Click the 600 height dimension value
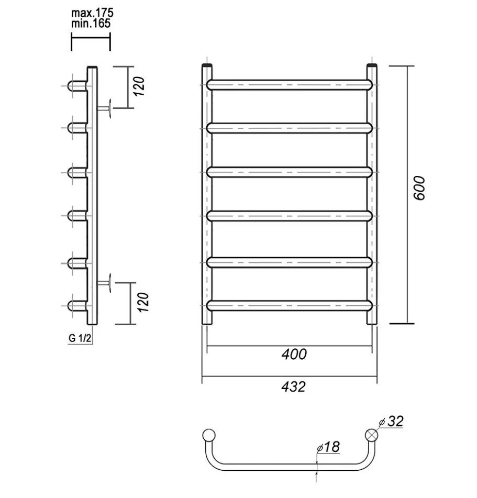pyautogui.click(x=419, y=187)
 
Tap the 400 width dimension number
pyautogui.click(x=294, y=354)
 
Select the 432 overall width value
pyautogui.click(x=293, y=386)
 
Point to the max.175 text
pyautogui.click(x=92, y=13)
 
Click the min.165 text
pyautogui.click(x=91, y=23)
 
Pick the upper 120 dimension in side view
pyautogui.click(x=139, y=86)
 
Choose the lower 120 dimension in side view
pyautogui.click(x=143, y=302)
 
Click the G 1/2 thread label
pyautogui.click(x=80, y=338)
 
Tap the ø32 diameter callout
pyautogui.click(x=391, y=422)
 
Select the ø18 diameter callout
pyautogui.click(x=328, y=447)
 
